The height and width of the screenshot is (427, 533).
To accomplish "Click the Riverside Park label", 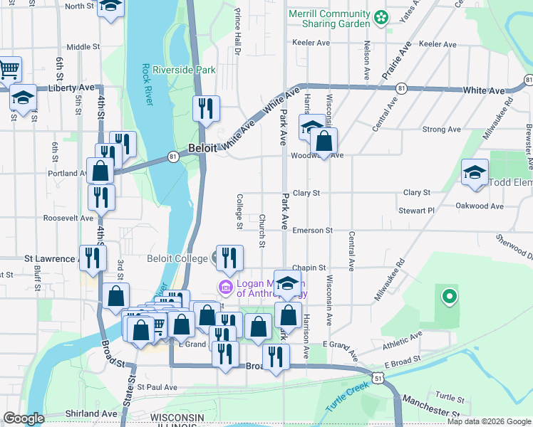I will pos(189,70).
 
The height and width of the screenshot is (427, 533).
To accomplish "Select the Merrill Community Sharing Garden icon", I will pos(382,16).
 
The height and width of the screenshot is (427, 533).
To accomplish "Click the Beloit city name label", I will pos(203,149).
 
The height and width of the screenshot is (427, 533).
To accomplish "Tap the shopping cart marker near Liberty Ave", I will pos(9,69).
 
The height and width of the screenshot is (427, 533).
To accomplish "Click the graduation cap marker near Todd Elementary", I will pos(475,172).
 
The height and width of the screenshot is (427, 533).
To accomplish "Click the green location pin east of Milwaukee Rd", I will pos(449,296).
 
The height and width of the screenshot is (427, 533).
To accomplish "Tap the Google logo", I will pos(24,418).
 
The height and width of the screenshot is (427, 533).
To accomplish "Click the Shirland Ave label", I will pos(90,413).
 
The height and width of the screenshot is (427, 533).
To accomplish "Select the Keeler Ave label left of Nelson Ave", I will pos(311,43).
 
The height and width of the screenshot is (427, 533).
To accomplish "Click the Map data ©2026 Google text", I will pos(489,421).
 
